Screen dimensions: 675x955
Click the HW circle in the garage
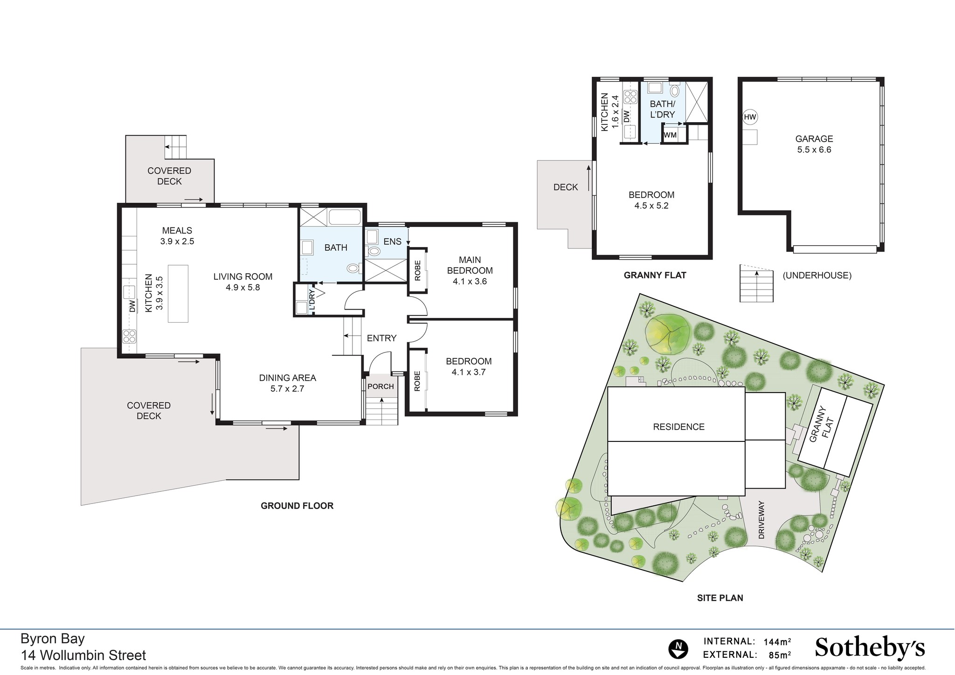(x=750, y=117)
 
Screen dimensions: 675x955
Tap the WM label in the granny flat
(x=670, y=135)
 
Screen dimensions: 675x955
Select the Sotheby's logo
(x=870, y=648)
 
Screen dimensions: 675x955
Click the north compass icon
(x=678, y=649)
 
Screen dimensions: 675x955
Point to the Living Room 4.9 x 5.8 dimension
(x=243, y=288)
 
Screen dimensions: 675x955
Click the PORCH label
(x=381, y=386)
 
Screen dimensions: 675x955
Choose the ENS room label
(x=392, y=241)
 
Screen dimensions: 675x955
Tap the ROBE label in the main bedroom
(x=417, y=270)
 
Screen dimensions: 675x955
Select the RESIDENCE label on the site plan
(x=678, y=427)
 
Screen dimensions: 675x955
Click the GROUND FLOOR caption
(x=297, y=506)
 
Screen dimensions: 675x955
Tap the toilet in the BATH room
(x=353, y=269)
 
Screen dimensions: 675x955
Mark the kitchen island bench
(x=178, y=293)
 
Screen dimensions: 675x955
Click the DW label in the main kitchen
(x=132, y=306)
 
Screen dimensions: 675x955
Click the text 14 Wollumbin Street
(x=83, y=655)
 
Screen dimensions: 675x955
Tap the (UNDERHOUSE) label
(x=817, y=275)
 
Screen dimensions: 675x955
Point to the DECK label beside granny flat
(x=565, y=187)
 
